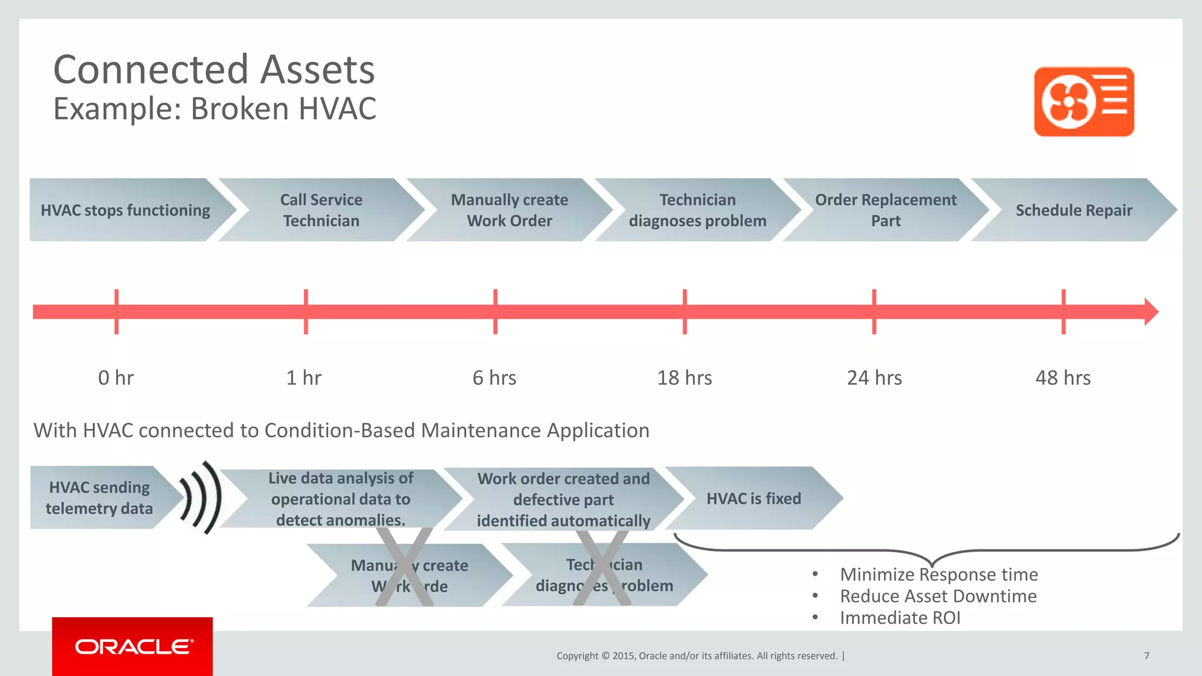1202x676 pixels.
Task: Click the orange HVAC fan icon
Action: click(x=1083, y=102)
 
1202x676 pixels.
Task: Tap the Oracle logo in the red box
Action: click(x=133, y=647)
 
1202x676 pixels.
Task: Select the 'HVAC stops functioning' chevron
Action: click(x=125, y=210)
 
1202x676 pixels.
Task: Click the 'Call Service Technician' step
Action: click(x=321, y=210)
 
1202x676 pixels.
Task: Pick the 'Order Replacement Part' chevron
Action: click(x=885, y=210)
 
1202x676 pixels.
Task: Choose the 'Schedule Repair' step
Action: click(x=1073, y=210)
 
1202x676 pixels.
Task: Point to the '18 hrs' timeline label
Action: click(x=684, y=378)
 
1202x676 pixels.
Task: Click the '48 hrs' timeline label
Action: click(x=1063, y=378)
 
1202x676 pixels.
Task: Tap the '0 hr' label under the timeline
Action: click(x=116, y=378)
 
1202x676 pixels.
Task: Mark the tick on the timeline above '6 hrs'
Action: click(x=495, y=312)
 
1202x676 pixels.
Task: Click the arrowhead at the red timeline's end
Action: click(x=1150, y=312)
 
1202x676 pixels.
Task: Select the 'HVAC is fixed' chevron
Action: click(x=754, y=499)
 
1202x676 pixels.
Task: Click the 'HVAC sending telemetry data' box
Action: click(x=99, y=498)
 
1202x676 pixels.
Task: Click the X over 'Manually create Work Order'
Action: click(x=404, y=567)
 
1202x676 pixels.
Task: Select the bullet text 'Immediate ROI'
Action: click(x=900, y=618)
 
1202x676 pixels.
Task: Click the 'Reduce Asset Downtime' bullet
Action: click(x=938, y=596)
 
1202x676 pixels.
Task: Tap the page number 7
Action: click(x=1146, y=656)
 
